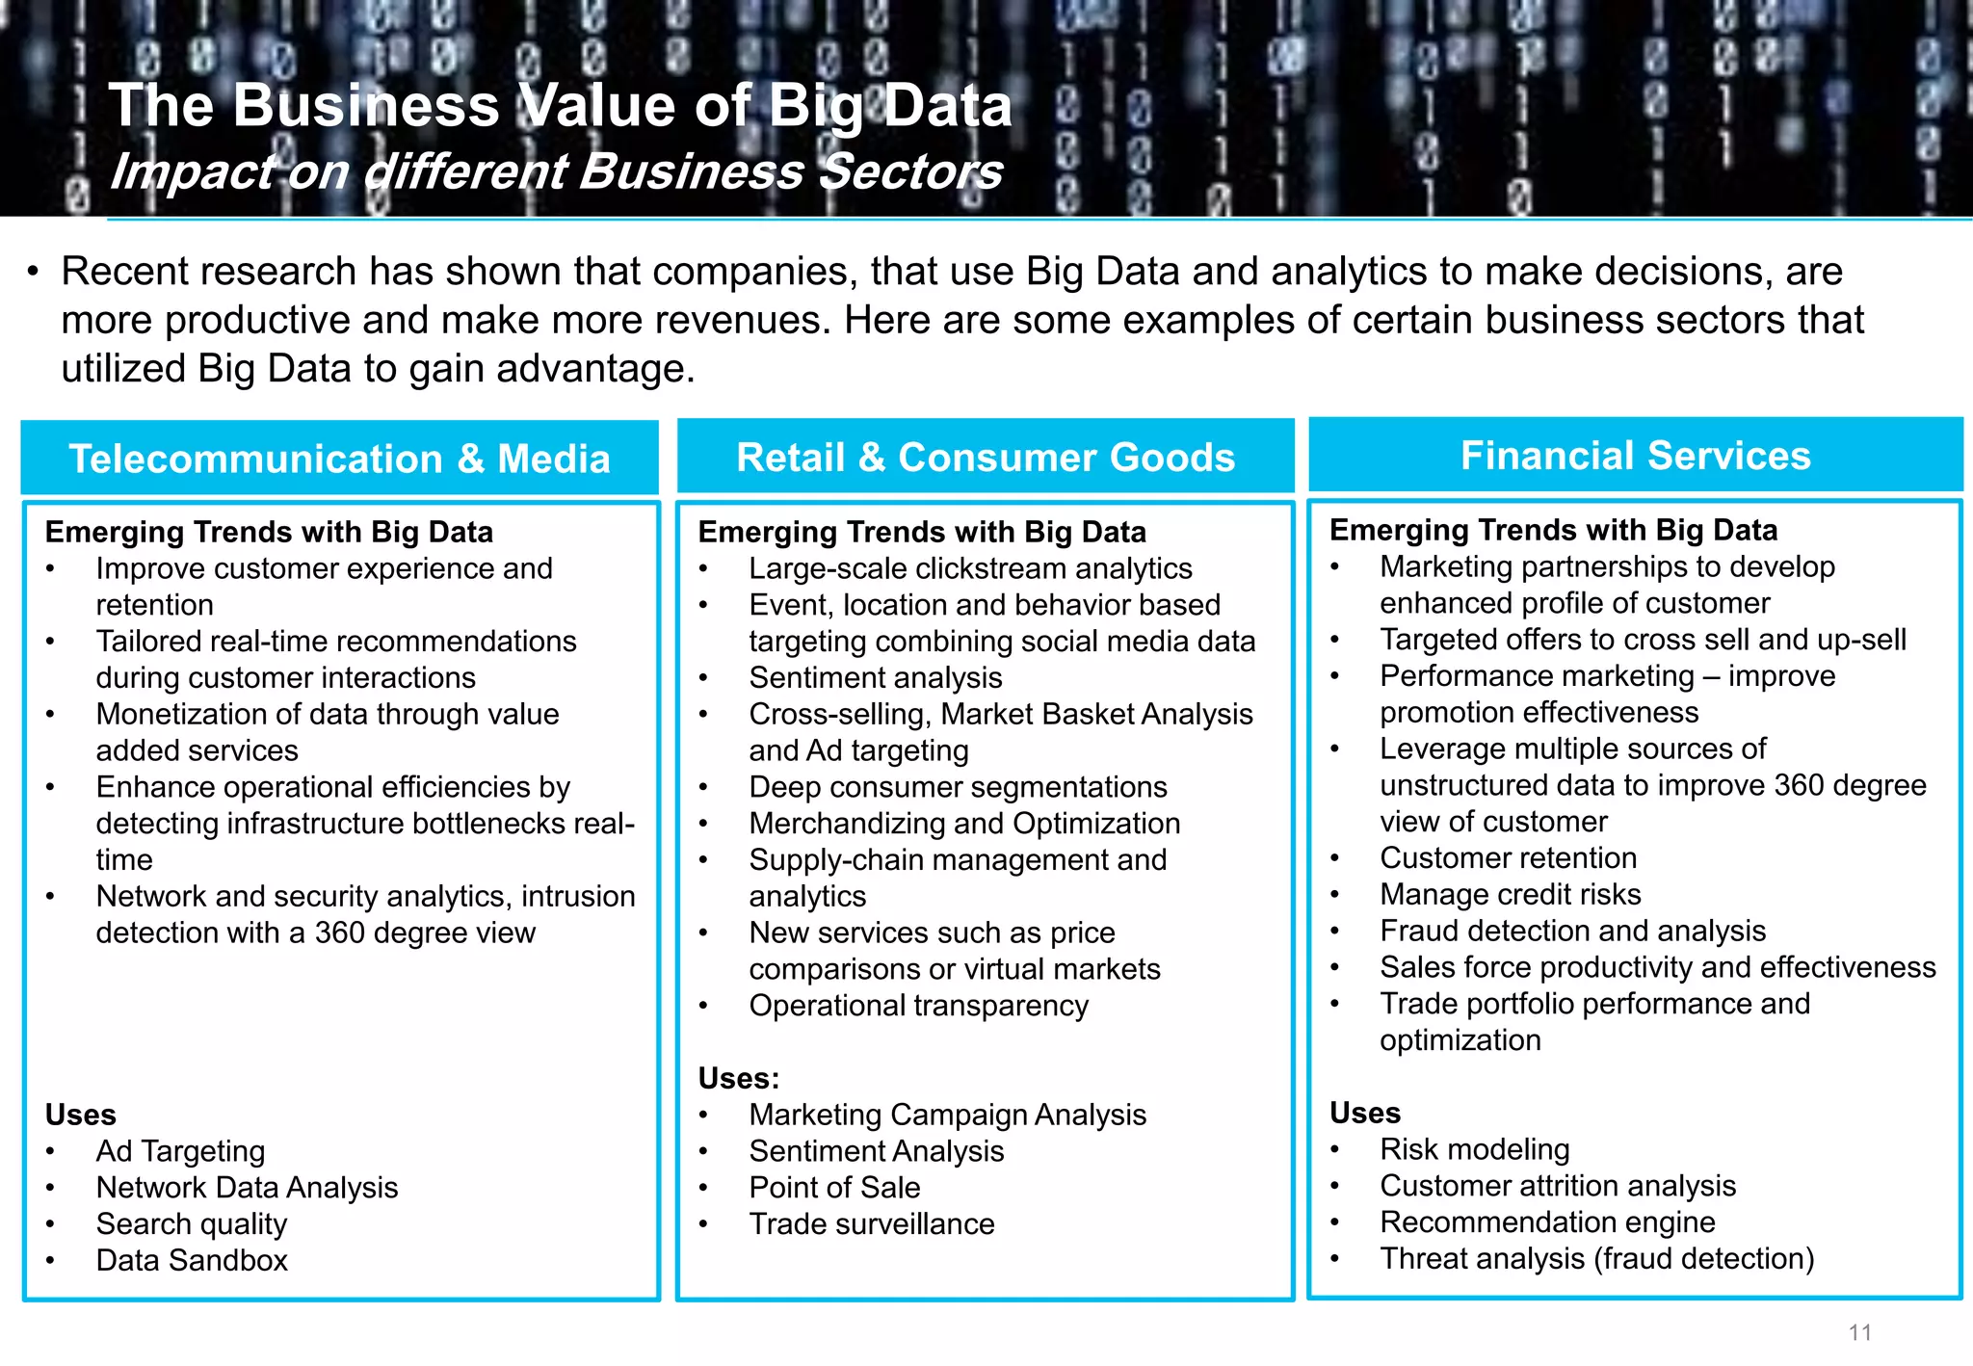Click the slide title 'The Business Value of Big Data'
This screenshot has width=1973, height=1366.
point(560,105)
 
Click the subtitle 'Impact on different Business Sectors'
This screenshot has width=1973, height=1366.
point(556,172)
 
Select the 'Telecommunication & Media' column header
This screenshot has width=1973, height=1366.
point(339,459)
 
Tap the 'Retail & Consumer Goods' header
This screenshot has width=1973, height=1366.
point(986,457)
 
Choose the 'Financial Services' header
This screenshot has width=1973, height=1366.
point(1635,456)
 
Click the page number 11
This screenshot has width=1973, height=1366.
point(1859,1332)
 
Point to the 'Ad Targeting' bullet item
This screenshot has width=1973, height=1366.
point(180,1151)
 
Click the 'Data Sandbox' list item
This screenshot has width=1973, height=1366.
point(192,1260)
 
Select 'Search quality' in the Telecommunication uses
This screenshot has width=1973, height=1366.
point(191,1223)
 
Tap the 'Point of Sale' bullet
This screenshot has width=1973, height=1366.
point(834,1188)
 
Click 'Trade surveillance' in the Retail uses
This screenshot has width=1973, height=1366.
point(872,1224)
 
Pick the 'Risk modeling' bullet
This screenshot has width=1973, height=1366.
point(1474,1149)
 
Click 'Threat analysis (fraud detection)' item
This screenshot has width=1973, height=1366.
point(1596,1259)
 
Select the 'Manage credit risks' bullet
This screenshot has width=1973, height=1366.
point(1510,894)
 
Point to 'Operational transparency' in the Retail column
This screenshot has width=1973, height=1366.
point(918,1006)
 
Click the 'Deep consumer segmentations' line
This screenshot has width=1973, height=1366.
point(958,787)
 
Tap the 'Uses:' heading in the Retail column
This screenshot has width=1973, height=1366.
point(738,1078)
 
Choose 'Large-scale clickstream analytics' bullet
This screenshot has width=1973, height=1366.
point(970,568)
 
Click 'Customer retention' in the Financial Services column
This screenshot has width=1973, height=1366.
point(1508,857)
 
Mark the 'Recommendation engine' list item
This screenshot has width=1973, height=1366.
point(1547,1222)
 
